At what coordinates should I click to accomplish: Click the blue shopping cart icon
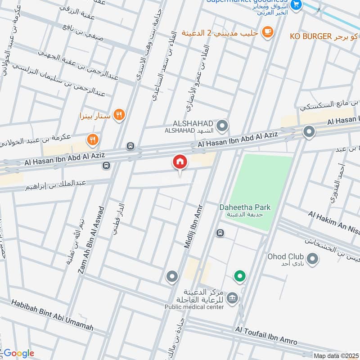coord(296,5)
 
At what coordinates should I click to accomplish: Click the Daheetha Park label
coord(245,207)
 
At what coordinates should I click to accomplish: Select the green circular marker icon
coord(239,276)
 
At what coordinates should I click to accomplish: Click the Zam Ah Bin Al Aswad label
coord(91,240)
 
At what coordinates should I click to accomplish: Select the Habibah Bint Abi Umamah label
coord(53,315)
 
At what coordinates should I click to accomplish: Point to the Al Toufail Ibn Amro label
coord(265,336)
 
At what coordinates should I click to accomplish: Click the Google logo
coord(18,353)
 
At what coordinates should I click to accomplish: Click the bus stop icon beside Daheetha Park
coord(220,233)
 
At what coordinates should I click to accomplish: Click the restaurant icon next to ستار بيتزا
coord(119,115)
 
